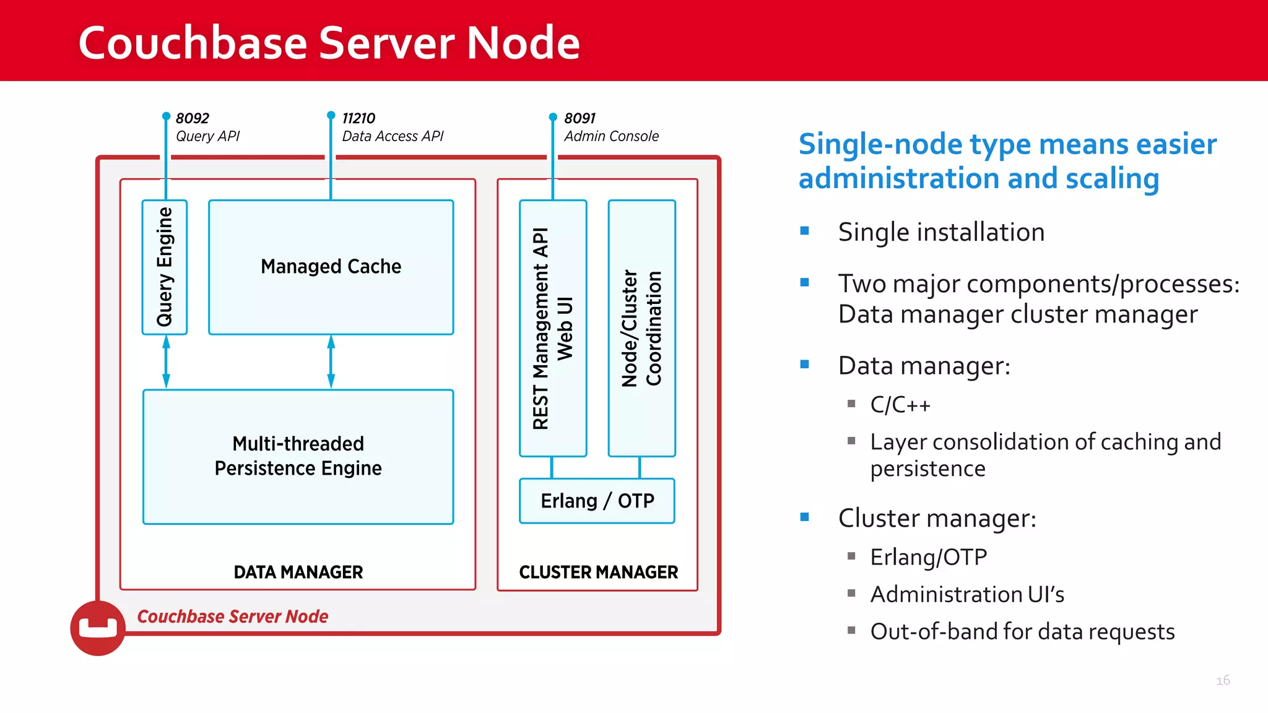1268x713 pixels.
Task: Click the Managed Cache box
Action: (331, 267)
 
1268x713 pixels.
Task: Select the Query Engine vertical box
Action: (165, 267)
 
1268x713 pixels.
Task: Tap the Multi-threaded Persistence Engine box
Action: (298, 457)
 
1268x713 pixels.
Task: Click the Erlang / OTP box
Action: (597, 501)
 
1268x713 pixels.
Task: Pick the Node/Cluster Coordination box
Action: (641, 328)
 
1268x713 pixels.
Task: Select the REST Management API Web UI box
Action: (553, 328)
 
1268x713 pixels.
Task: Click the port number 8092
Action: (192, 118)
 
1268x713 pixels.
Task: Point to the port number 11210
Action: (358, 118)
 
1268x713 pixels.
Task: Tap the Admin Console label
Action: (611, 136)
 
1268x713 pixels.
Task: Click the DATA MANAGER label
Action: (298, 572)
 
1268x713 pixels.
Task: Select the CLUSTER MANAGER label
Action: (598, 572)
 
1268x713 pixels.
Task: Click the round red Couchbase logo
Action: (98, 628)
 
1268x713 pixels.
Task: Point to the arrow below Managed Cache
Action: (331, 362)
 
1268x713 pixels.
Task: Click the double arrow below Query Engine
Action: (166, 362)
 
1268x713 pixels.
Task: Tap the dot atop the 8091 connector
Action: (553, 116)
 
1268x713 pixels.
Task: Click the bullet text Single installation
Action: (940, 232)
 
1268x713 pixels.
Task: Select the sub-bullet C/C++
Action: (900, 405)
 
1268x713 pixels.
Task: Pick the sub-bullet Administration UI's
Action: (966, 594)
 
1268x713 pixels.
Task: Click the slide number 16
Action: (1223, 680)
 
